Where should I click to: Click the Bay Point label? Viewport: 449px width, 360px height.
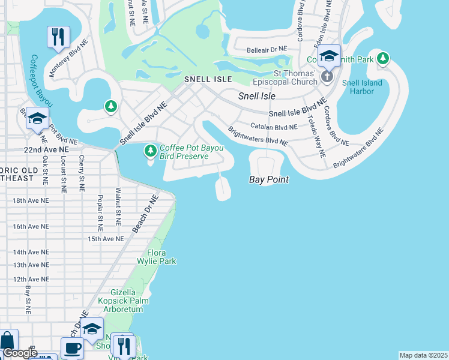[269, 179]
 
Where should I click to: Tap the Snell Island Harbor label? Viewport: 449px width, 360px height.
[358, 87]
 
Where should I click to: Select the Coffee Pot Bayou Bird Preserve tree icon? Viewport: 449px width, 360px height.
[150, 152]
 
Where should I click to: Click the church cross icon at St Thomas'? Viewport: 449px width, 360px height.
[327, 76]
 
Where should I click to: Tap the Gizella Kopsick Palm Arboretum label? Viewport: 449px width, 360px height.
[127, 301]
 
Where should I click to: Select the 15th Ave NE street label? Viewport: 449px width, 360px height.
[106, 239]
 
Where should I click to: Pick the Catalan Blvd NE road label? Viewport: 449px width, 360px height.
[275, 127]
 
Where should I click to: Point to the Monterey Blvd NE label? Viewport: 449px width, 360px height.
[64, 62]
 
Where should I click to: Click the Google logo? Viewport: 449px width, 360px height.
[19, 353]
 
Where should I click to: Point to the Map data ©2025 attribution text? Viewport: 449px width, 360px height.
[423, 355]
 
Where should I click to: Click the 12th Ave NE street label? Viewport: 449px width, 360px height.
[30, 279]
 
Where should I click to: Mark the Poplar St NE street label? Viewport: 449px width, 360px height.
[100, 213]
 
